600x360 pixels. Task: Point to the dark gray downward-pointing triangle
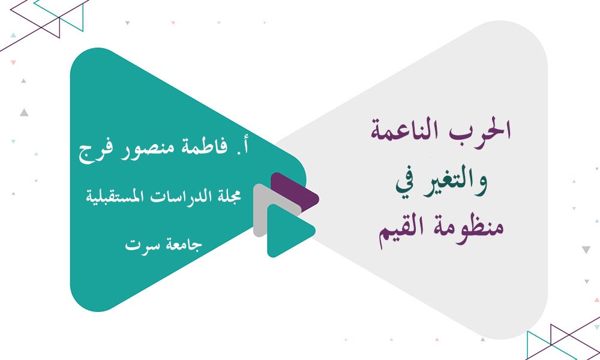(x=586, y=250)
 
